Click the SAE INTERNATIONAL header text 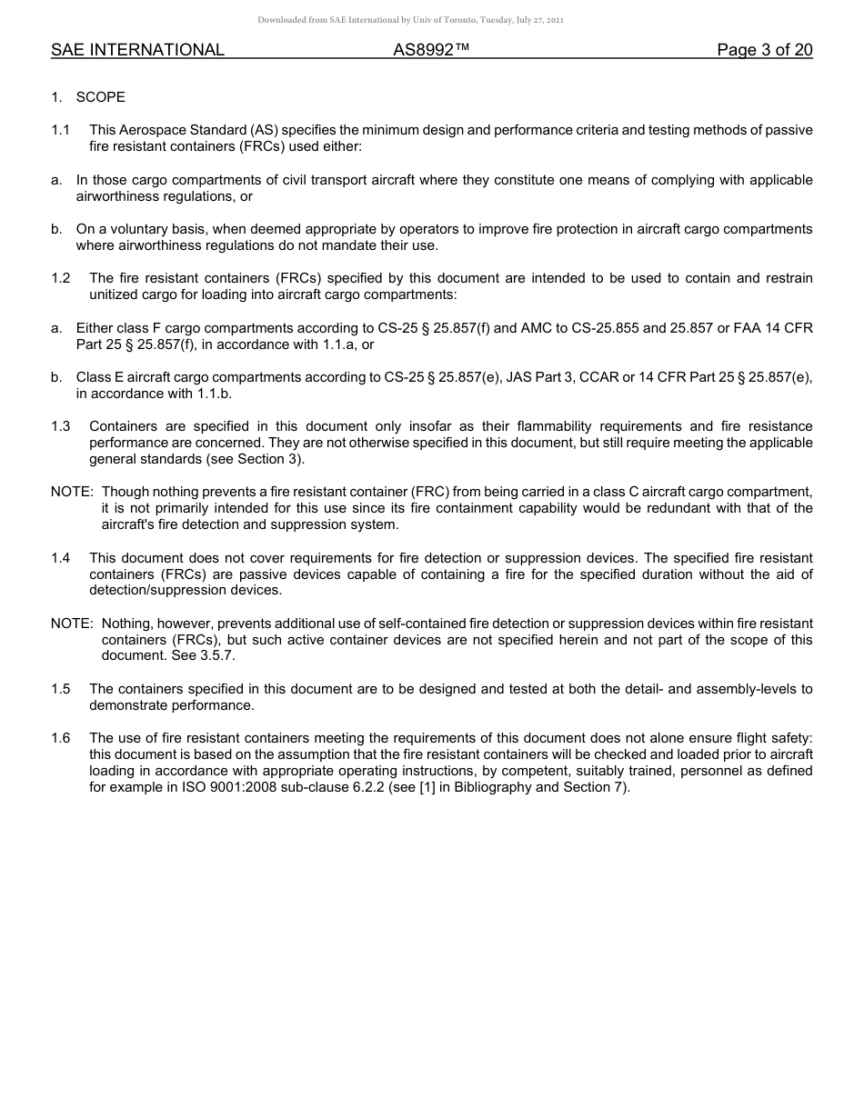[x=137, y=50]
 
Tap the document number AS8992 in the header [x=431, y=50]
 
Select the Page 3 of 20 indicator [x=764, y=50]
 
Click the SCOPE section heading [x=100, y=97]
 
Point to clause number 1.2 [x=61, y=278]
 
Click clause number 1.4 [x=61, y=558]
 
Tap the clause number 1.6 [x=61, y=738]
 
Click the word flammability [x=520, y=426]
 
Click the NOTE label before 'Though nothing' [x=72, y=492]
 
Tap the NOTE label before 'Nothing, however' [x=72, y=623]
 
